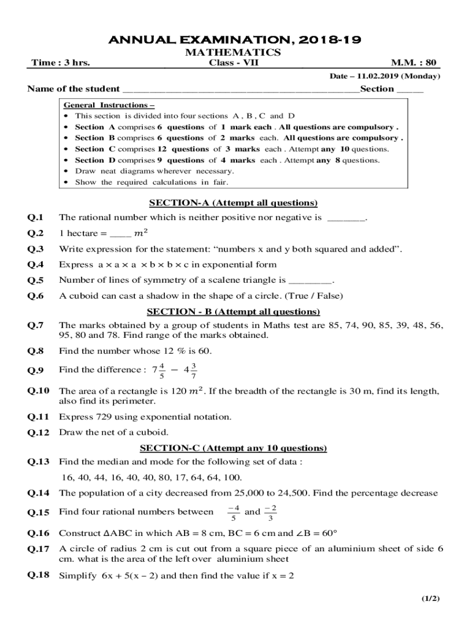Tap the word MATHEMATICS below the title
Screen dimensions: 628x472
233,53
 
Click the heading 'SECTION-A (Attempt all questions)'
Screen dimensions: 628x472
233,203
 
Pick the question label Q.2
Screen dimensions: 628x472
35,233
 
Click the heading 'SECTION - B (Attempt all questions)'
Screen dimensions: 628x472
233,312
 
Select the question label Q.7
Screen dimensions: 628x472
35,325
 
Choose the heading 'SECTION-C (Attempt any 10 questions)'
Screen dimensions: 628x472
233,448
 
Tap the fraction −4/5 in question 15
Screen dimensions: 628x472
233,511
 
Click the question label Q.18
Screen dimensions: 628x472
37,575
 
